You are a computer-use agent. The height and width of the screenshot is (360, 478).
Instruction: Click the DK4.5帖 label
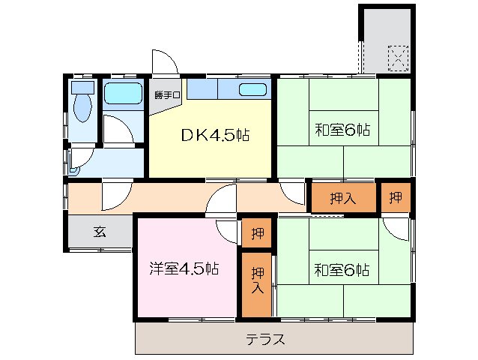215,136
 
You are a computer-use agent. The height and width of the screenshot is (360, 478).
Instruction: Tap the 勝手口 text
164,95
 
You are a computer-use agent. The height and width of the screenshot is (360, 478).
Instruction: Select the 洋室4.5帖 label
184,268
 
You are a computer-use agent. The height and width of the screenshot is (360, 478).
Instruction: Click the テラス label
266,339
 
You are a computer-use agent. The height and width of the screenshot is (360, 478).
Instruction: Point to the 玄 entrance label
100,232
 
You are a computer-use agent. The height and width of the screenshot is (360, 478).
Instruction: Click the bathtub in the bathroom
122,94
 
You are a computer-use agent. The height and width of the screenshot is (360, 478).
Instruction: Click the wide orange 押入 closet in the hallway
342,198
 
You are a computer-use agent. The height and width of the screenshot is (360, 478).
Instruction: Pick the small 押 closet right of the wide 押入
395,198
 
